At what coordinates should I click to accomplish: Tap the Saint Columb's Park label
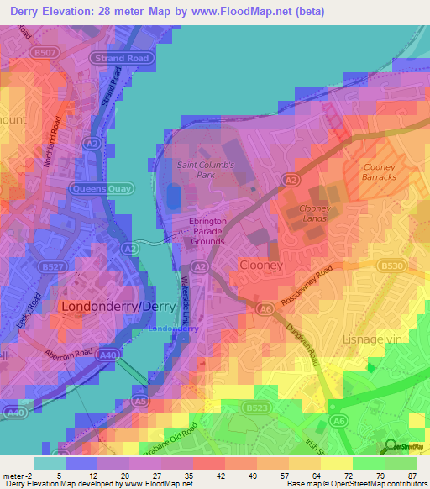click(x=205, y=171)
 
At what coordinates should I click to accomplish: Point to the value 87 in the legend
click(x=412, y=476)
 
